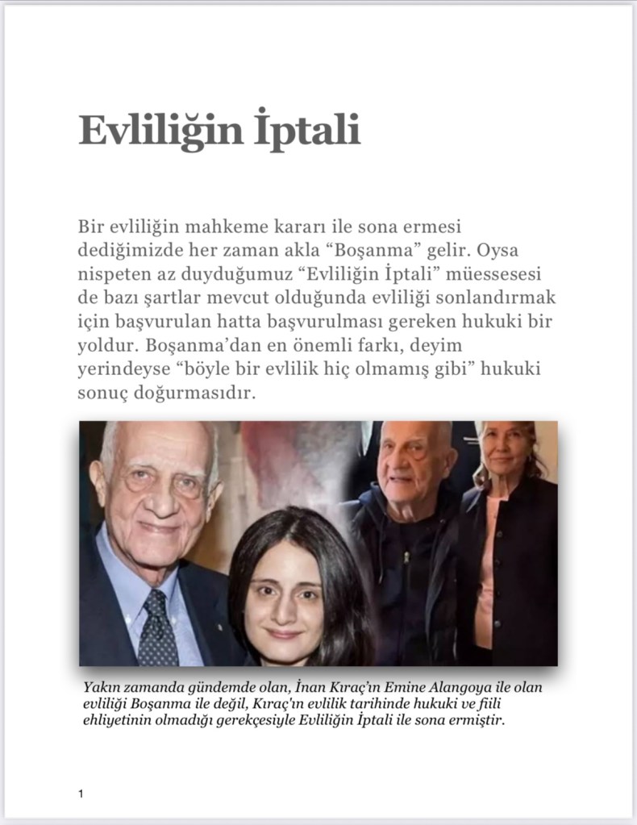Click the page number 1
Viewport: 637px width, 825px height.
[81, 794]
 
